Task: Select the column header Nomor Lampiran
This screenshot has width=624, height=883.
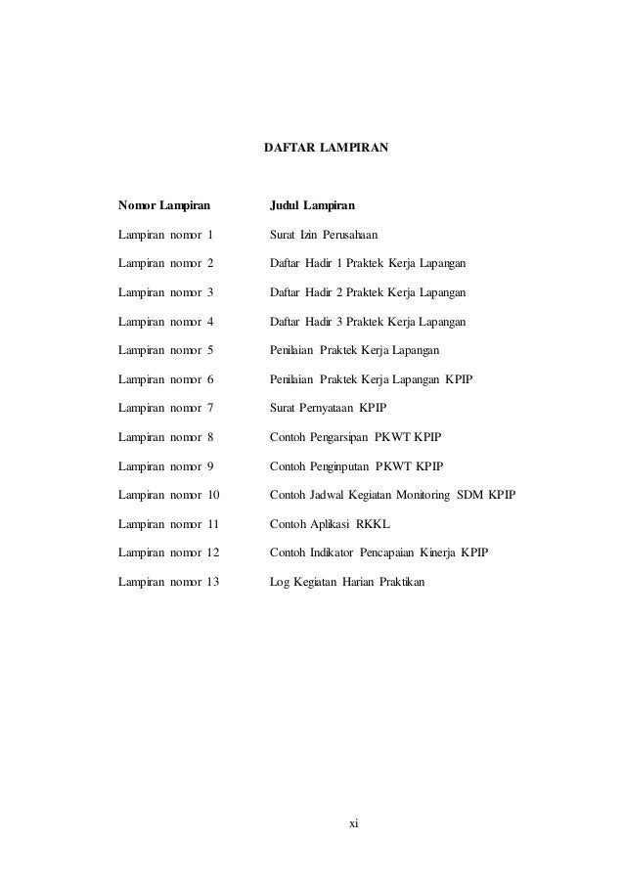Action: [164, 206]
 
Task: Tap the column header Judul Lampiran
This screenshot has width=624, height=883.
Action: [312, 206]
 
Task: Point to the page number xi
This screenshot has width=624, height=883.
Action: [354, 824]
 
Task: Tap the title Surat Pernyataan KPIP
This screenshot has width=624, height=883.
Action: [328, 409]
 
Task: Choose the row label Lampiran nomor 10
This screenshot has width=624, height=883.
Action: [168, 496]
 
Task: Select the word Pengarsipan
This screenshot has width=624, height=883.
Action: [336, 437]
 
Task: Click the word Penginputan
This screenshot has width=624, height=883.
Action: [337, 466]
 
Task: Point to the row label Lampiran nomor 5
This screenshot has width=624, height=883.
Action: [164, 351]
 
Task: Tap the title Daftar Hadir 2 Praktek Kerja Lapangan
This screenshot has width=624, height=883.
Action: [368, 293]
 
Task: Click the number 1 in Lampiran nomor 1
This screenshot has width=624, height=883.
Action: [209, 236]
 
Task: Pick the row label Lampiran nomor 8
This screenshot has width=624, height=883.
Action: [164, 437]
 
